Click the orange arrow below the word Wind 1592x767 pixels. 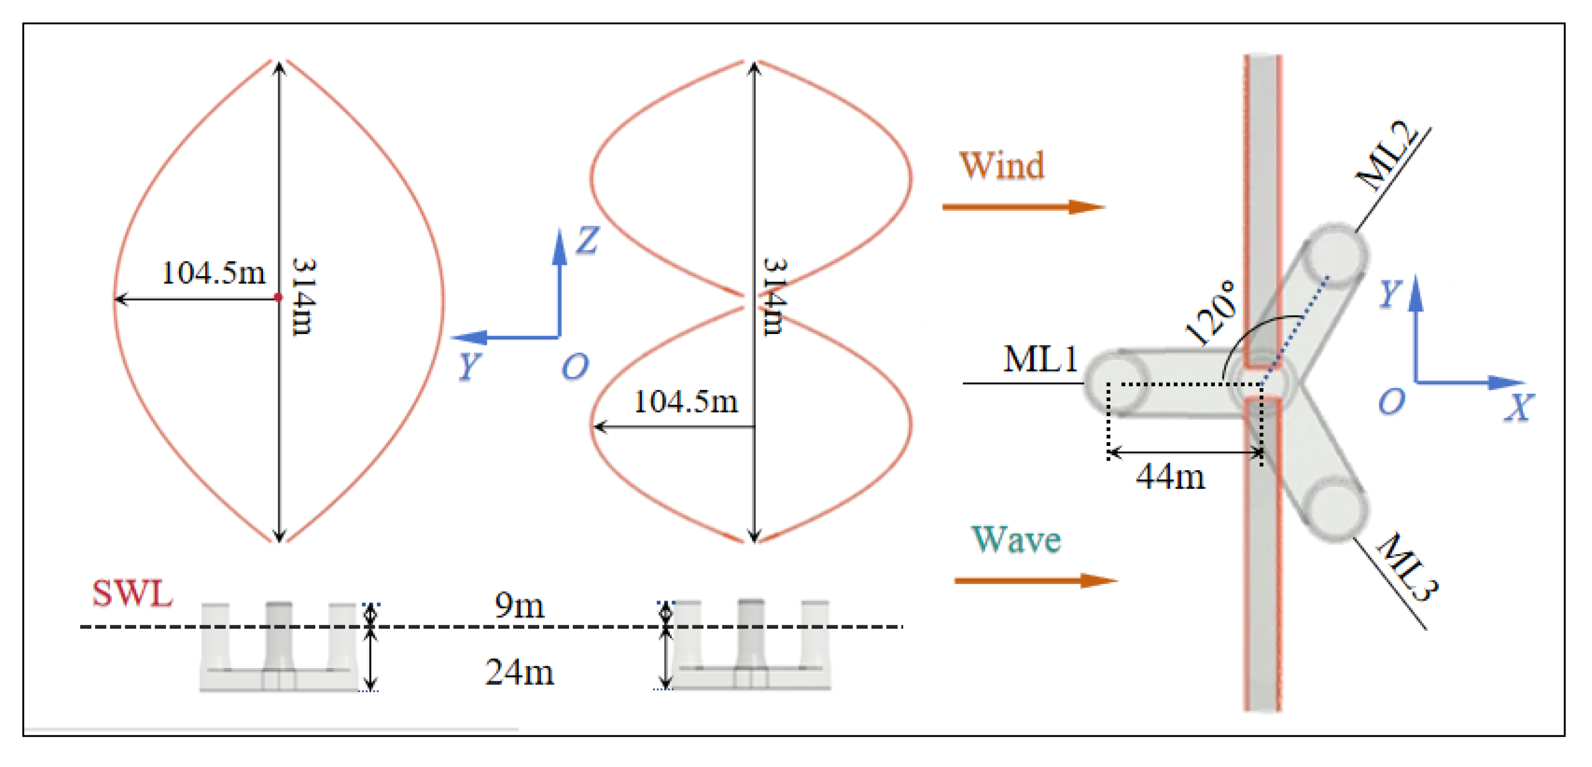(1023, 206)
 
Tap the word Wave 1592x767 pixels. (1016, 539)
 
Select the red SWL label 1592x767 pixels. (132, 594)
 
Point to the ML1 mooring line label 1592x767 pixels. (1041, 359)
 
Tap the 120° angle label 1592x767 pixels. (1211, 313)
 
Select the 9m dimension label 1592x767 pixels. (519, 606)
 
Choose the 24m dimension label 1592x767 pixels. (519, 673)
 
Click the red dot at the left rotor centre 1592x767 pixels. (278, 298)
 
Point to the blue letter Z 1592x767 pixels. (587, 239)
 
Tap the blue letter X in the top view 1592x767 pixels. (1519, 408)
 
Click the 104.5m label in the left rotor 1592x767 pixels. (213, 273)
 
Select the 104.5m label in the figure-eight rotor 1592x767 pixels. (686, 402)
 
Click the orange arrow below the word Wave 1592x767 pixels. (1035, 580)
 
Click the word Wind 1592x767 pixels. (1002, 166)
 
